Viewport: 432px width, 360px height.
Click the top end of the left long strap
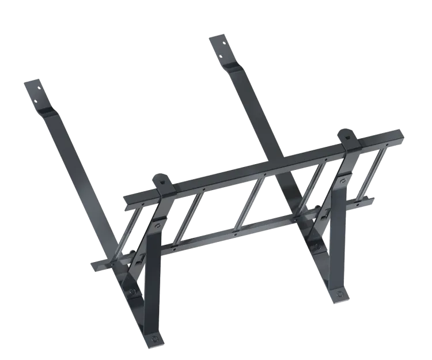point(32,85)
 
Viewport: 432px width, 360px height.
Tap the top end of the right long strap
point(217,39)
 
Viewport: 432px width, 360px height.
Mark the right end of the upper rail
point(401,135)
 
